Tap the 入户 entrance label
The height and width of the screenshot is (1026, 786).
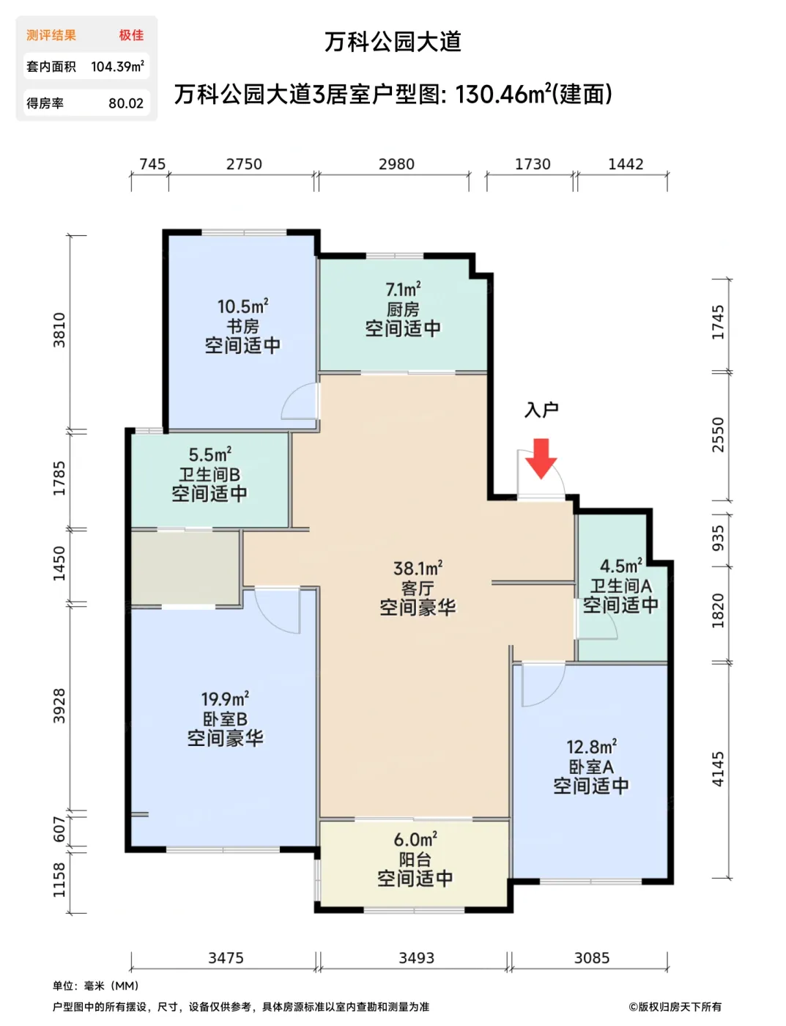pos(541,410)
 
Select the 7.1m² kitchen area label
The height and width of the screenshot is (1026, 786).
pos(403,290)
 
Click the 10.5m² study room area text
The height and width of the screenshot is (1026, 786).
pos(242,307)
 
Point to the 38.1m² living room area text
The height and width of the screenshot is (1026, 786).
pos(418,569)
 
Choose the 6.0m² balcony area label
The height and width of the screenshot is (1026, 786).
pos(415,840)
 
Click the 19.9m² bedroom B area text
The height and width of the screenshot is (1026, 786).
pos(225,700)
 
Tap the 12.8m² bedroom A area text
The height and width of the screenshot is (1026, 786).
pos(591,748)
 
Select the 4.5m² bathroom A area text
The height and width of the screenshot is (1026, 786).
pos(620,566)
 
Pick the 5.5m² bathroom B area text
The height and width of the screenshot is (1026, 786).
pos(210,455)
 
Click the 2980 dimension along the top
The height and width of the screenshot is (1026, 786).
pos(396,164)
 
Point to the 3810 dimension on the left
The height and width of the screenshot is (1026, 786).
pos(59,330)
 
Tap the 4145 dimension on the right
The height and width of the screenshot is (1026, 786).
pos(718,769)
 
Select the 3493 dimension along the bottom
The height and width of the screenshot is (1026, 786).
pos(416,958)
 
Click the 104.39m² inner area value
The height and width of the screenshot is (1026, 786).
pos(117,67)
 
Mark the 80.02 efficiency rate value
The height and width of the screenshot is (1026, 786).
pos(126,103)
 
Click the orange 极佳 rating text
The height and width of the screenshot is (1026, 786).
pos(131,35)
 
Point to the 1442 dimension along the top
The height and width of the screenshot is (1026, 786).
pos(626,164)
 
